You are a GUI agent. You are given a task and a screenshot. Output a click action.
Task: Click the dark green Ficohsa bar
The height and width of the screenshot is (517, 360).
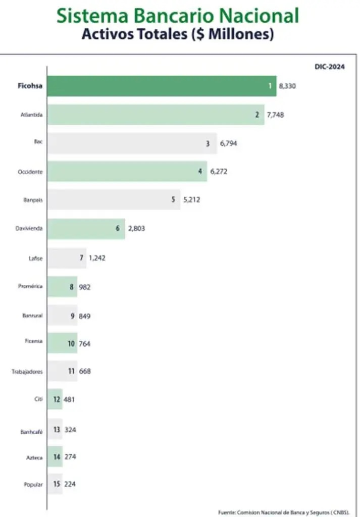click(162, 86)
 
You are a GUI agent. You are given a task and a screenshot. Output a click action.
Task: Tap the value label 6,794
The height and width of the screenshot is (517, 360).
click(228, 143)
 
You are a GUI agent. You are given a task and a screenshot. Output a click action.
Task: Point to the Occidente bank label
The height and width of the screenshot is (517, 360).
click(30, 172)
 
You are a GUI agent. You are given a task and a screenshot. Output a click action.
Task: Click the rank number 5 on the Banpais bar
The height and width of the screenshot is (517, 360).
click(173, 199)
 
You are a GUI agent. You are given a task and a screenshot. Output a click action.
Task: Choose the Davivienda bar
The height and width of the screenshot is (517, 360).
click(86, 228)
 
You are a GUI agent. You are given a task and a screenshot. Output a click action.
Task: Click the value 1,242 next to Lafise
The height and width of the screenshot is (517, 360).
click(97, 258)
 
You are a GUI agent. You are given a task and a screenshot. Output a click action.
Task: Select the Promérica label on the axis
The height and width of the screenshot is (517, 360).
click(30, 286)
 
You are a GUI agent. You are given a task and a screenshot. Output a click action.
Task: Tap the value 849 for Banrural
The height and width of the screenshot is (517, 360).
click(84, 316)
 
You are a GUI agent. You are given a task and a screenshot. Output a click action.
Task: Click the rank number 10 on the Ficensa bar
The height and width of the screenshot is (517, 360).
click(71, 344)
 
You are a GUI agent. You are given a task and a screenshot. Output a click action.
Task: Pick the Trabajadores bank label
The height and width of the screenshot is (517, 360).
click(27, 372)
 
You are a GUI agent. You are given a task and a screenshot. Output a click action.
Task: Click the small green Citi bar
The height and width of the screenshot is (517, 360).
click(55, 399)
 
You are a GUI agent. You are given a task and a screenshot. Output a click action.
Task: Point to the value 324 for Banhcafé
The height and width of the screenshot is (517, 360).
click(70, 430)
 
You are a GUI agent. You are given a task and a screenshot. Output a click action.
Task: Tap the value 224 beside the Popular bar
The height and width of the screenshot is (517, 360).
click(70, 484)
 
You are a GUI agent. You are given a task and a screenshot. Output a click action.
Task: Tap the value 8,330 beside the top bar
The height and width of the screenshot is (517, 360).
click(287, 86)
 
